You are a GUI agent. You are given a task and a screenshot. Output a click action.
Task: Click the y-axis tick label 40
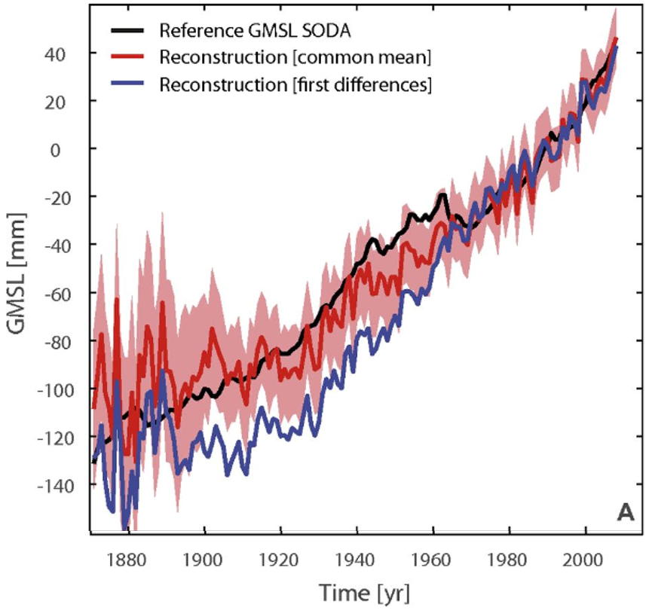[60, 53]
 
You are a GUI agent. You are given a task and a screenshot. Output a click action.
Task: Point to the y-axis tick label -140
[57, 485]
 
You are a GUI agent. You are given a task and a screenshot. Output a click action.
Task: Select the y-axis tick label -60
[60, 293]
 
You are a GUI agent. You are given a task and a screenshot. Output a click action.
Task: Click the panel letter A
[625, 513]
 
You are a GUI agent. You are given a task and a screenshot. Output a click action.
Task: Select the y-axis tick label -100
[57, 389]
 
